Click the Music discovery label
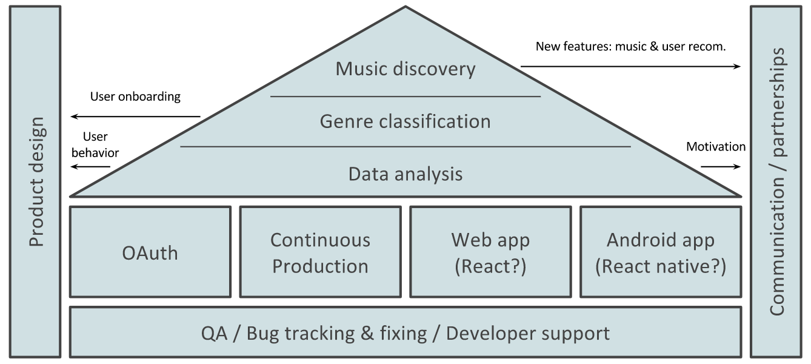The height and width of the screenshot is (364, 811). click(x=405, y=69)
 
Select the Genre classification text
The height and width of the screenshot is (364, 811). click(x=405, y=121)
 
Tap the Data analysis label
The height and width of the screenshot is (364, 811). click(x=405, y=174)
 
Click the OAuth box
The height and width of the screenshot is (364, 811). click(x=150, y=252)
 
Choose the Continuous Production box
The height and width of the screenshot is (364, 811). click(x=321, y=252)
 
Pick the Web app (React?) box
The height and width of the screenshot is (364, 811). click(x=490, y=252)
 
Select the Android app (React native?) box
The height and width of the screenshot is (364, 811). click(x=661, y=252)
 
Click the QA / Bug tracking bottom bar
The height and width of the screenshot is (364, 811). click(x=405, y=332)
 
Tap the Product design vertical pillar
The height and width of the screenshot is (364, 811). click(x=35, y=181)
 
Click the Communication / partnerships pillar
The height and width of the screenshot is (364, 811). click(x=776, y=181)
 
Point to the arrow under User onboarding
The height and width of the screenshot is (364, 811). click(x=135, y=116)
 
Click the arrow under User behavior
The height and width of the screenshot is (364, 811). click(x=90, y=167)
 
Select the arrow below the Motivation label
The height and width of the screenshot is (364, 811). click(x=721, y=167)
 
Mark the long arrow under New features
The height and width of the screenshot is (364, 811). click(x=631, y=66)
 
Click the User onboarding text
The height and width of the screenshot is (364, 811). click(x=135, y=96)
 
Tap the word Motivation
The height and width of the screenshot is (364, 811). click(x=716, y=146)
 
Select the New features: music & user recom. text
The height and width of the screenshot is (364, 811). click(x=631, y=46)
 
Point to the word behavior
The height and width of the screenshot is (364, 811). click(x=95, y=153)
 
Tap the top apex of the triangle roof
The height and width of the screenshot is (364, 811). click(x=405, y=6)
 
